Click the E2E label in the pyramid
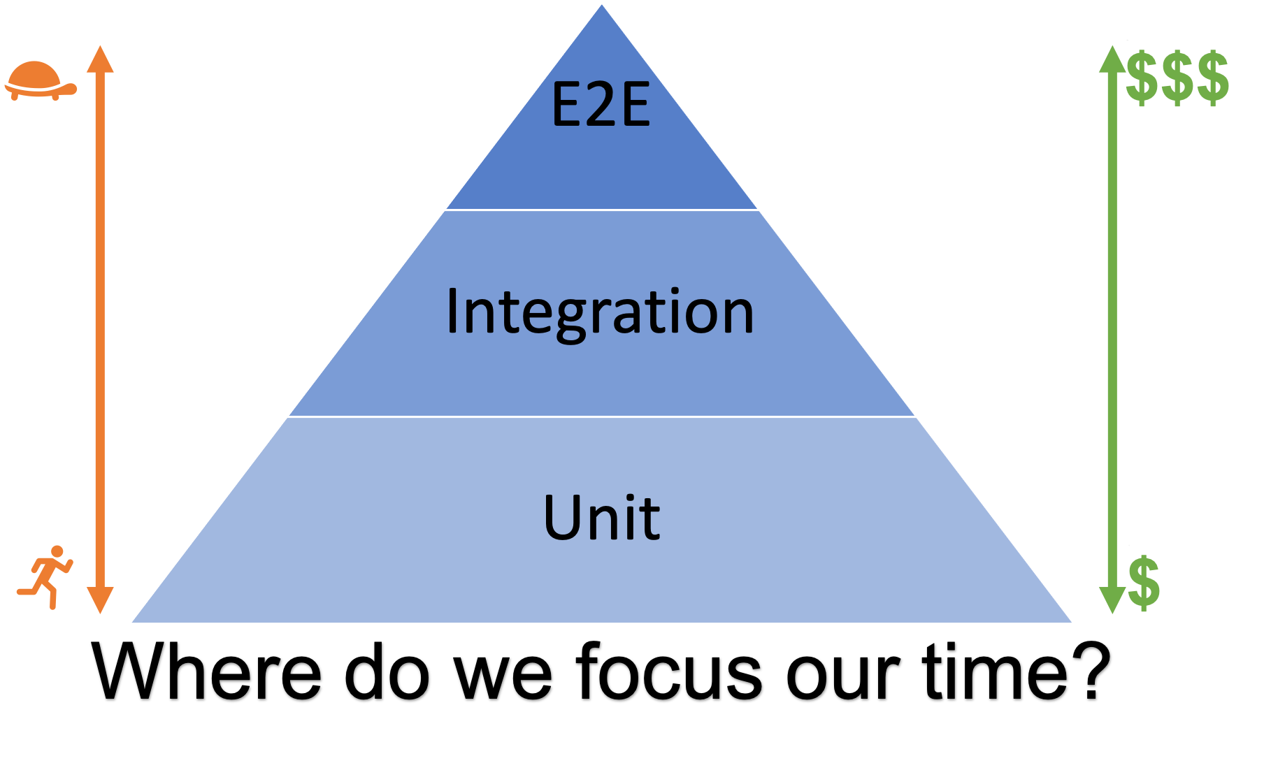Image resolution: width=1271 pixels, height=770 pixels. pos(601,106)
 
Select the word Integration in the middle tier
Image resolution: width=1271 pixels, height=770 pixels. pos(600,312)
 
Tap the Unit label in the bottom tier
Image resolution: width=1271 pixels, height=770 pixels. pos(601,518)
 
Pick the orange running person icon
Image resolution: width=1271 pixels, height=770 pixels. pos(46,576)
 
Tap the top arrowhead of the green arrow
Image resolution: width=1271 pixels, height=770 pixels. pos(1112,59)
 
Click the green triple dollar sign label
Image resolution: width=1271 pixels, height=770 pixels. pos(1177,78)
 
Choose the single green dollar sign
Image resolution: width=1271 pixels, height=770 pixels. pos(1144,583)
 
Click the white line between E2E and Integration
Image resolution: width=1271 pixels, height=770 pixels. pos(602,210)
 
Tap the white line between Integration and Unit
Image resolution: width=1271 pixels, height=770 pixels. pos(602,416)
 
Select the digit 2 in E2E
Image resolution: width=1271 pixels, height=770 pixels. pos(601,106)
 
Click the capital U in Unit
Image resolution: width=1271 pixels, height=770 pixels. pos(565,518)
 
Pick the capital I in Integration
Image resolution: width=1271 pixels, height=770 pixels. pos(452,312)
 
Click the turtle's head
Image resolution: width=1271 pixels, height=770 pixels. pos(70,88)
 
